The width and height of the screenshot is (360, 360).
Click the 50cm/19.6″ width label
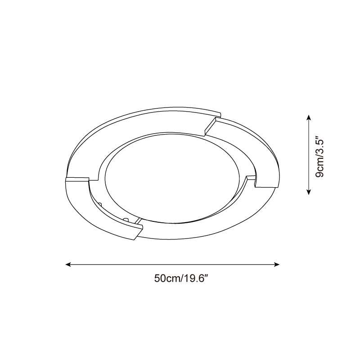tap(181, 279)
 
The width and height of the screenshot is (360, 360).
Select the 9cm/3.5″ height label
tap(319, 157)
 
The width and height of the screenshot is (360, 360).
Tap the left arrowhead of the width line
tap(68, 265)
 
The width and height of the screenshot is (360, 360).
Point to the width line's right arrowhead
tap(277, 265)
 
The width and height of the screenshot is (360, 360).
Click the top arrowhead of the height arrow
tap(309, 117)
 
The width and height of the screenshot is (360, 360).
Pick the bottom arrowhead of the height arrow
tap(309, 193)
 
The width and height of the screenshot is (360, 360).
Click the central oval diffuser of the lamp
tap(172, 177)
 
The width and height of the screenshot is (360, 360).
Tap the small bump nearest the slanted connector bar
tap(126, 219)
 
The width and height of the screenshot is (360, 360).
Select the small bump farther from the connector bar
tap(100, 204)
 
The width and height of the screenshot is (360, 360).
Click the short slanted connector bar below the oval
tap(138, 220)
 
